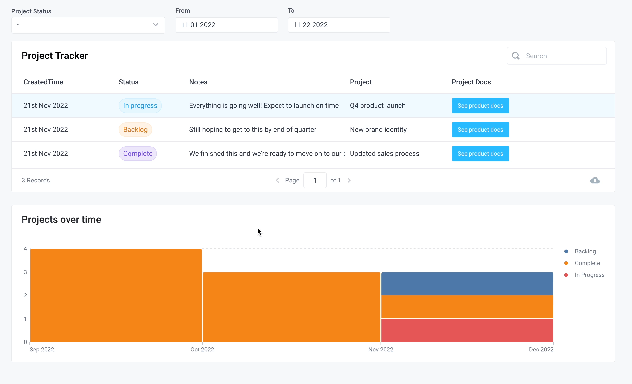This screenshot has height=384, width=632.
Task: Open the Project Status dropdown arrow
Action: click(155, 25)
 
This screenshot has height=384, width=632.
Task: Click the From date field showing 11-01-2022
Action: click(226, 25)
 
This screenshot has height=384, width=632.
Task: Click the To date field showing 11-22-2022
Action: click(339, 25)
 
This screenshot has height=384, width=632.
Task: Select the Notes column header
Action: click(198, 82)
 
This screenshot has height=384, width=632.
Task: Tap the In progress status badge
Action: click(140, 106)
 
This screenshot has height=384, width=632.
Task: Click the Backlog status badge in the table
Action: click(135, 129)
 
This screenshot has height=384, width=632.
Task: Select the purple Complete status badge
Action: click(138, 154)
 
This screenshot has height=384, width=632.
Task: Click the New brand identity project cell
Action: click(378, 129)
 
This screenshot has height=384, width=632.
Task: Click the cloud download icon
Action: click(595, 181)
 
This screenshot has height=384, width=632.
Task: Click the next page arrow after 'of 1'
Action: click(349, 181)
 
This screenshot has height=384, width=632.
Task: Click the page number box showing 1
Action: click(315, 181)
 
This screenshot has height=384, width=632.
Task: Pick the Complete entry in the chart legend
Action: click(587, 263)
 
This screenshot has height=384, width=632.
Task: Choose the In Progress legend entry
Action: click(589, 275)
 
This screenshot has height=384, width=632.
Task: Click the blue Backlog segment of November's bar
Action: click(467, 283)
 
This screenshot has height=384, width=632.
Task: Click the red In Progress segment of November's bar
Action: click(467, 330)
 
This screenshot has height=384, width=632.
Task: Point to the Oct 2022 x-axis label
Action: click(202, 350)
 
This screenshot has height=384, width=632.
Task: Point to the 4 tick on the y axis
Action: click(25, 249)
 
